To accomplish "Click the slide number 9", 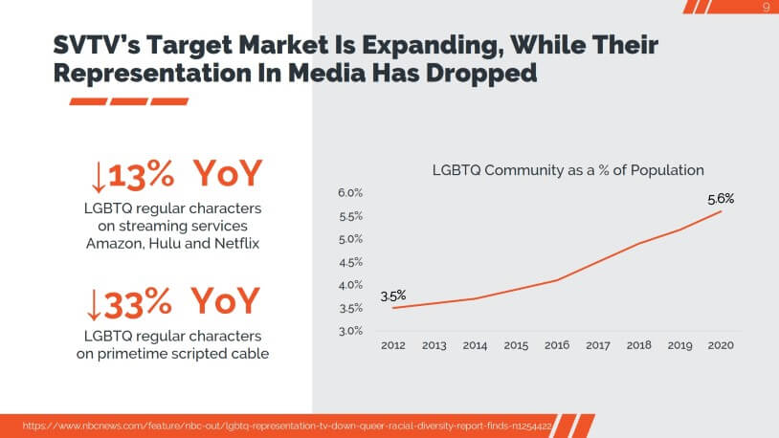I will pyautogui.click(x=766, y=8).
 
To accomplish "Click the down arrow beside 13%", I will pyautogui.click(x=96, y=176).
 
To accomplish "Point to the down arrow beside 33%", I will pyautogui.click(x=96, y=303).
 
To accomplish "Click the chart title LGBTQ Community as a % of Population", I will pyautogui.click(x=568, y=170).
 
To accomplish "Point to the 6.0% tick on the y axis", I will pyautogui.click(x=349, y=193).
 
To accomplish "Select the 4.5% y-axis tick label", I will pyautogui.click(x=349, y=262).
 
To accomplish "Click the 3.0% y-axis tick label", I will pyautogui.click(x=349, y=331).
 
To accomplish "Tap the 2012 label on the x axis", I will pyautogui.click(x=392, y=345).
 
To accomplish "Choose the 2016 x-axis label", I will pyautogui.click(x=557, y=345).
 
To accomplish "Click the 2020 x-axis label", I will pyautogui.click(x=722, y=345).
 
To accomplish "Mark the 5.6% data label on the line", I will pyautogui.click(x=721, y=199).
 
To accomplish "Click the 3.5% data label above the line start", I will pyautogui.click(x=393, y=296).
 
